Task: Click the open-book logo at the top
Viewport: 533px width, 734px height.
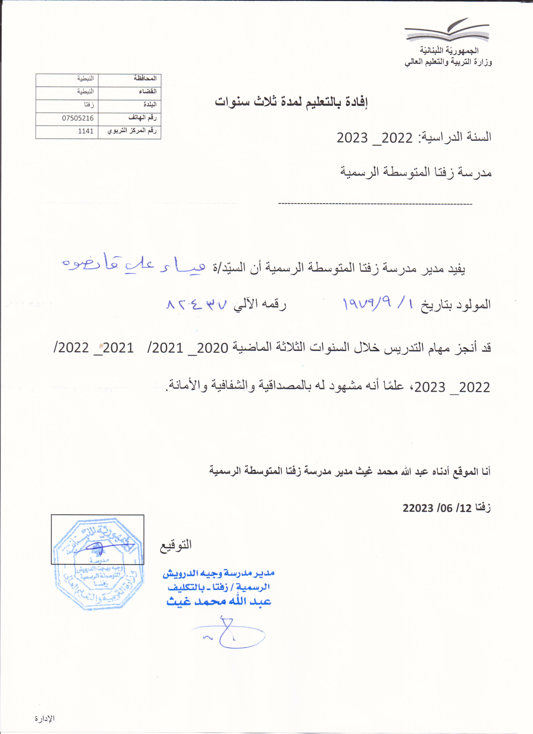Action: click(447, 31)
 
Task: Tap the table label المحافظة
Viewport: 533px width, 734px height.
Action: click(145, 78)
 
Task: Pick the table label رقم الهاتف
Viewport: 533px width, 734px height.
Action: click(142, 118)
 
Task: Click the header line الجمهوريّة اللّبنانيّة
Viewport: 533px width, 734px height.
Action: click(449, 51)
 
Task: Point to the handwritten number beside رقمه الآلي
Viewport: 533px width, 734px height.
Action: click(196, 304)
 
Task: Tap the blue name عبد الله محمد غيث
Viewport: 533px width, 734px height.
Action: click(219, 601)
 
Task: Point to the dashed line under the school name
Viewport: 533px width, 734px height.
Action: click(375, 204)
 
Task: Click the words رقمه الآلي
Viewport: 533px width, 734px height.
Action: click(260, 304)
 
